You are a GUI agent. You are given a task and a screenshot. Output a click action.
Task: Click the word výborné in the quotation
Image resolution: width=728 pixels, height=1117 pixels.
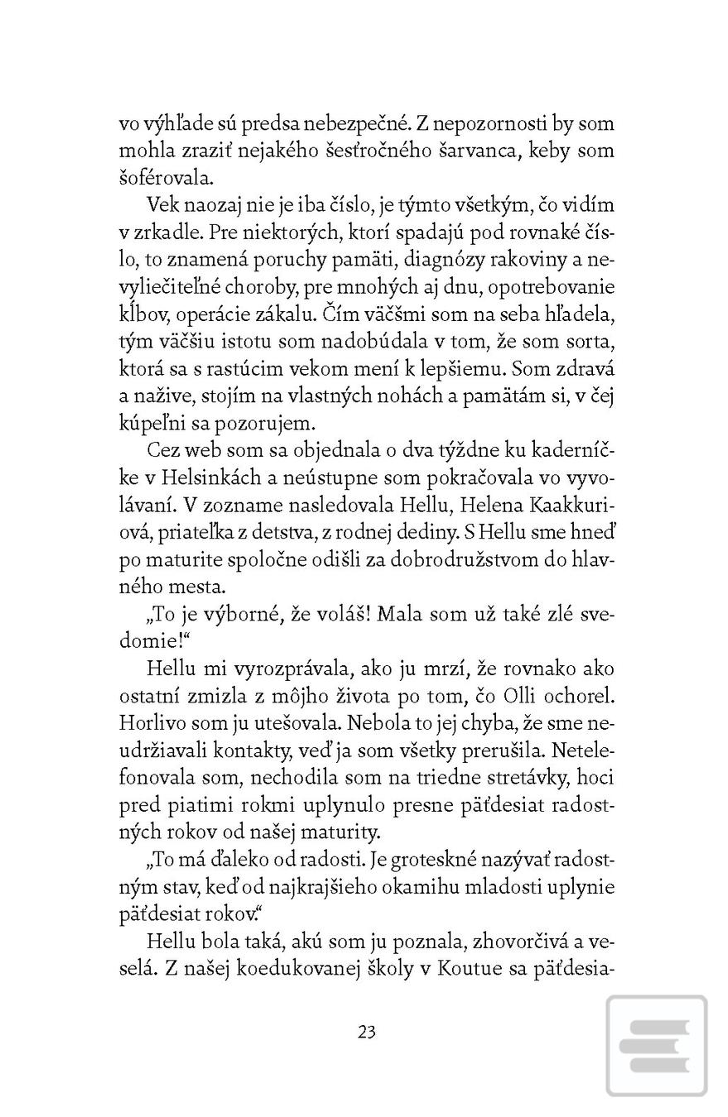tap(227, 615)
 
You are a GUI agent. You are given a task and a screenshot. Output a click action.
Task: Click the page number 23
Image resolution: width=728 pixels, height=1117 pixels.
tap(367, 1032)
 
